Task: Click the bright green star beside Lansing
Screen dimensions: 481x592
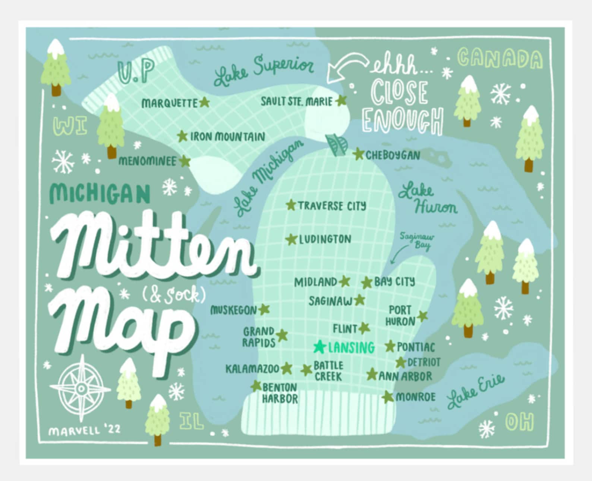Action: [x=319, y=347]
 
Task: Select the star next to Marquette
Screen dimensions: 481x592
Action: [x=204, y=102]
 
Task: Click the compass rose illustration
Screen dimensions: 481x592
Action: [x=81, y=388]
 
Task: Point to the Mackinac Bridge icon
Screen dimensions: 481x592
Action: [x=337, y=145]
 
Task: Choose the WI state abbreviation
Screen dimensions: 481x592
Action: [x=70, y=126]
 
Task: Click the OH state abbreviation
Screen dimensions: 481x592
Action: [x=519, y=422]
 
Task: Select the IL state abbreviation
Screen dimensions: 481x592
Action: [x=192, y=421]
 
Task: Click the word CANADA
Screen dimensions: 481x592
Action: [x=500, y=59]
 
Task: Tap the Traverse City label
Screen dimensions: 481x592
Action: [x=332, y=206]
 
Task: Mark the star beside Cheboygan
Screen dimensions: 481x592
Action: [x=358, y=154]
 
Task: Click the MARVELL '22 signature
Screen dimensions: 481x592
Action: [x=84, y=430]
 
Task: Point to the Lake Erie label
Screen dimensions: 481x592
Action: [x=475, y=392]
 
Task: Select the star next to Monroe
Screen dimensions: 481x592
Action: [x=388, y=397]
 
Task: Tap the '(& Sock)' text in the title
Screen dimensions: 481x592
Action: [x=174, y=295]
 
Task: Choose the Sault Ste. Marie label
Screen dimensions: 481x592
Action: [x=296, y=101]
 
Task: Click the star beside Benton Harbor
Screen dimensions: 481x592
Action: [x=256, y=386]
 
